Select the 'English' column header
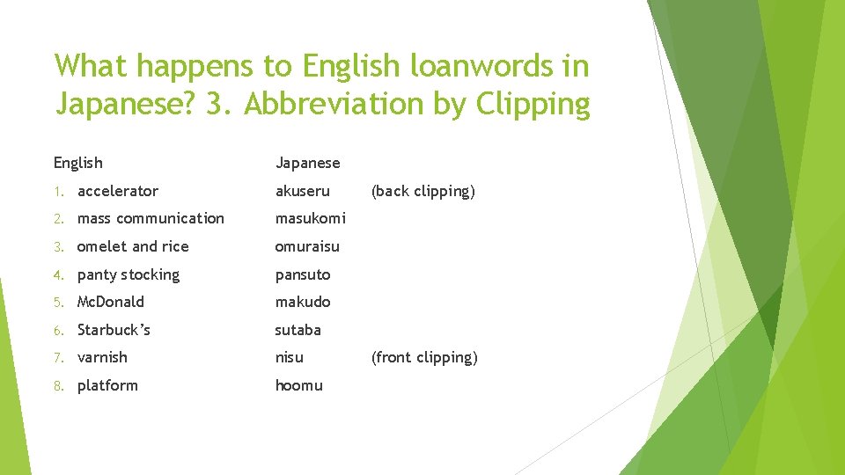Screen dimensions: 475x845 [77, 163]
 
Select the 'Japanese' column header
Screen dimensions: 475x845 [307, 163]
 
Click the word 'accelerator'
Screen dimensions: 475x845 [117, 191]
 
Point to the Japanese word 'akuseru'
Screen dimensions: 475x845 [302, 191]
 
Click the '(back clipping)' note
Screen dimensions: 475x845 [422, 191]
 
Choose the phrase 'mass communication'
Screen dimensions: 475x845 [151, 218]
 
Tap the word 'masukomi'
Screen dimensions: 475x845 [310, 218]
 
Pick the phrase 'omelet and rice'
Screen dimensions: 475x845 [133, 246]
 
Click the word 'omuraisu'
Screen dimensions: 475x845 [307, 246]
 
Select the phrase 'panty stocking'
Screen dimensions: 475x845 [129, 274]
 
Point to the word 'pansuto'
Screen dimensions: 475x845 [302, 274]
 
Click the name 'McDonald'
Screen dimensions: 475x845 [111, 302]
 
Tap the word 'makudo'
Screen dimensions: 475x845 [303, 302]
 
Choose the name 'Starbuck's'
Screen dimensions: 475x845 [114, 330]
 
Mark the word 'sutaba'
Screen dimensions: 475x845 [298, 330]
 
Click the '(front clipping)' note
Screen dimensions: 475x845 [424, 357]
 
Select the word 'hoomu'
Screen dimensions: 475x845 [298, 385]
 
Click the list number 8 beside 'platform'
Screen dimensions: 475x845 [57, 385]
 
